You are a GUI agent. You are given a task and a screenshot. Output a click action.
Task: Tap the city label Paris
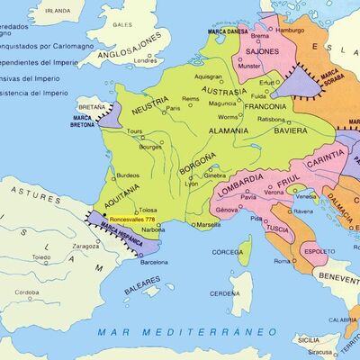pyautogui.click(x=173, y=108)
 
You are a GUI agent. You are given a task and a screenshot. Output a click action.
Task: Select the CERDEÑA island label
pyautogui.click(x=225, y=294)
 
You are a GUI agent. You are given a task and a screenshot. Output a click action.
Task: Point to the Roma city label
pyautogui.click(x=283, y=261)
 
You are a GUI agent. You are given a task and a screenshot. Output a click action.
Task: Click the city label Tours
pyautogui.click(x=136, y=131)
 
